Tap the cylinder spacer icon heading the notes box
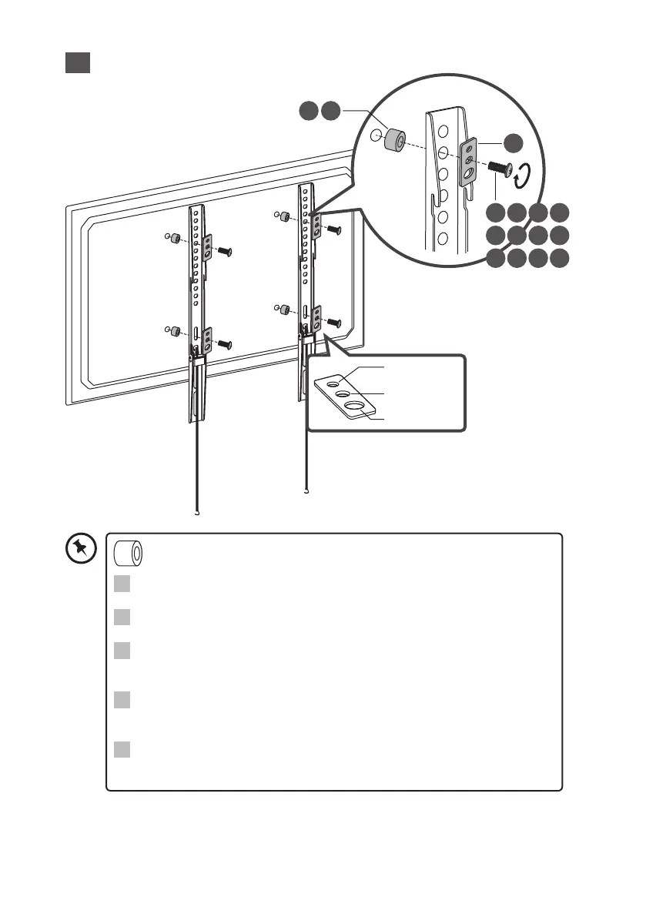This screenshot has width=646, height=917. click(129, 554)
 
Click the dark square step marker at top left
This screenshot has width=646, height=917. click(78, 62)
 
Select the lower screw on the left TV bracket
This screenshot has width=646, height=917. click(225, 343)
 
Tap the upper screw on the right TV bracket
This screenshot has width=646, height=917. click(334, 229)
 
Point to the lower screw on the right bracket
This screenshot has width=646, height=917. click(334, 322)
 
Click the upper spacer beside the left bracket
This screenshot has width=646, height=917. click(176, 237)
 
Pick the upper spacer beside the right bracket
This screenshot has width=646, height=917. click(286, 216)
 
